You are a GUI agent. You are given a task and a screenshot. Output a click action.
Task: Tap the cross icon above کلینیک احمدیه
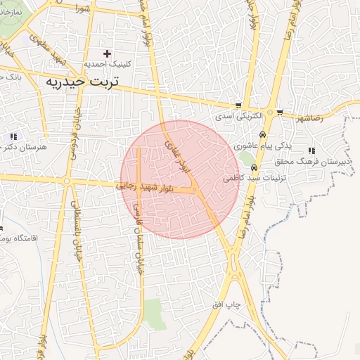click(107, 53)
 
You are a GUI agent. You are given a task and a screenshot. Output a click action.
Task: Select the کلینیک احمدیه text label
click(105, 64)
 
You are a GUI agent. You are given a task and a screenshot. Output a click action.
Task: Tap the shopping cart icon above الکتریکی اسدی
click(239, 105)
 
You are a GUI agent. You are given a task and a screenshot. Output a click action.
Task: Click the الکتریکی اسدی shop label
click(238, 115)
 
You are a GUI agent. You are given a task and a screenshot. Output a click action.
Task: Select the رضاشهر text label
click(310, 119)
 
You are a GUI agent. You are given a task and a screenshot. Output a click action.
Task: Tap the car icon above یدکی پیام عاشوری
click(262, 134)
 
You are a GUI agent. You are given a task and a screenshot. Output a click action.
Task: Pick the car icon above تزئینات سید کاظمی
click(254, 168)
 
